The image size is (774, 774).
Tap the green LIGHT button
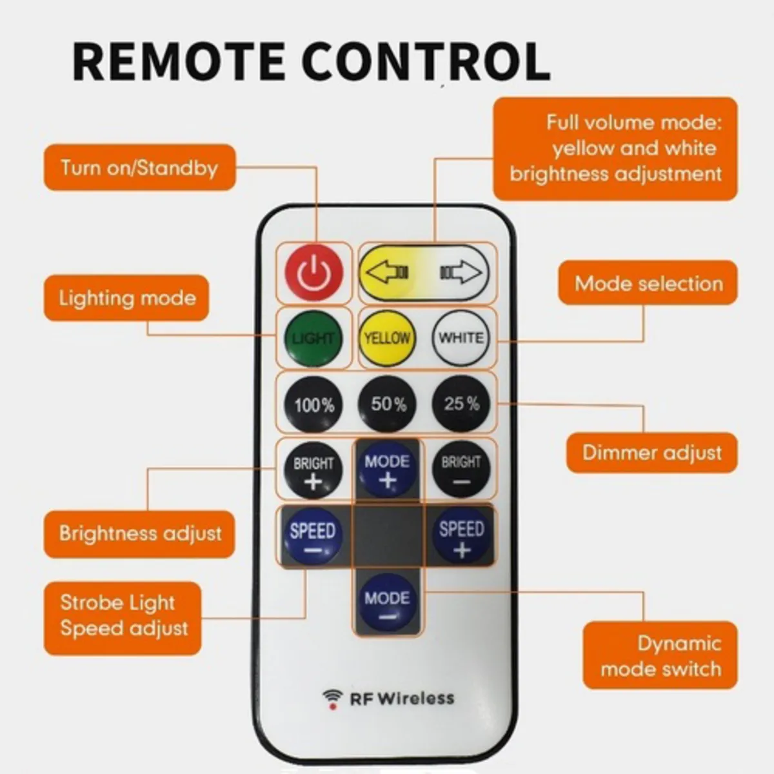click(313, 339)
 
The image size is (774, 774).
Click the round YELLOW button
click(386, 339)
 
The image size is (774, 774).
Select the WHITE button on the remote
click(461, 339)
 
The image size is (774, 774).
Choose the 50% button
click(388, 404)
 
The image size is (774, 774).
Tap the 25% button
click(461, 404)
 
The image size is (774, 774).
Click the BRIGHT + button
click(313, 471)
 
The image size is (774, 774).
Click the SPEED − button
click(313, 539)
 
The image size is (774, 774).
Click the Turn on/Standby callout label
click(139, 168)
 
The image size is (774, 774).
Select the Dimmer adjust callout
click(651, 452)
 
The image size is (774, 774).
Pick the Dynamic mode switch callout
click(660, 655)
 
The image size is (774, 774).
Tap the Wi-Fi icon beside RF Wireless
click(333, 699)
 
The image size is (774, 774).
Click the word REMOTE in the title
click(178, 61)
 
